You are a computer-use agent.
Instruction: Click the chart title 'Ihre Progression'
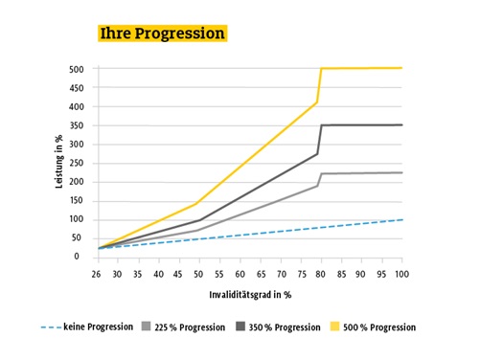click(x=162, y=34)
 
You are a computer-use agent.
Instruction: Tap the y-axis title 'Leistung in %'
click(x=59, y=161)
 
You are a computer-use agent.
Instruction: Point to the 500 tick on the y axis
click(x=77, y=69)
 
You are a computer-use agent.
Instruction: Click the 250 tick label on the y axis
click(x=77, y=163)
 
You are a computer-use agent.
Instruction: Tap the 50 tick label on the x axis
click(x=196, y=273)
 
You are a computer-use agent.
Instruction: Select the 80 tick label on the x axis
click(x=319, y=273)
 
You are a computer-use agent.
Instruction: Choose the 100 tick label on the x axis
click(x=400, y=273)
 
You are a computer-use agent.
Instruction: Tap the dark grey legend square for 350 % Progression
click(x=240, y=326)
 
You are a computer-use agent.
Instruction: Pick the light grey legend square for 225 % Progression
click(x=145, y=326)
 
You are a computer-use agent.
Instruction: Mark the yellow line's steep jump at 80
click(x=319, y=86)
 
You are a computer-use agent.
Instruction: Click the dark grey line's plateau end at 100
click(x=400, y=124)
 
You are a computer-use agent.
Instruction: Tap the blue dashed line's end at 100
click(x=400, y=219)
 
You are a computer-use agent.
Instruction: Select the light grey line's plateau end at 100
click(x=400, y=172)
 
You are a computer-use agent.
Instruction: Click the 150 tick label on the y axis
click(x=77, y=200)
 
